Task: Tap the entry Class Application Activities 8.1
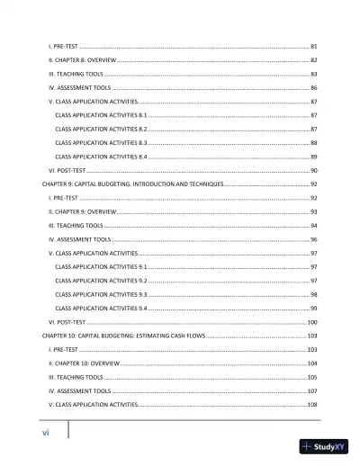click(101, 116)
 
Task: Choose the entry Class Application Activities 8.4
click(101, 157)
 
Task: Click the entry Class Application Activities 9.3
click(101, 294)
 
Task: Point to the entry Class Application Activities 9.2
click(101, 281)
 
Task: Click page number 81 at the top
click(313, 45)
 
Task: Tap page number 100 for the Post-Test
click(312, 321)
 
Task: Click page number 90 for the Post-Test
click(313, 169)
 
